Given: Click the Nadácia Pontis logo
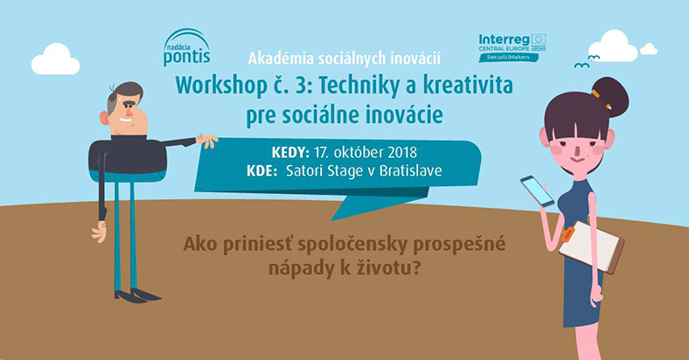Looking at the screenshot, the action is [187, 47].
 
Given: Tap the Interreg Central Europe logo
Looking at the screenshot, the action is [512, 47].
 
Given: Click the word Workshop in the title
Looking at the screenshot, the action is [221, 86].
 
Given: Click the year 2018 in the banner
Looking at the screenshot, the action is [402, 152].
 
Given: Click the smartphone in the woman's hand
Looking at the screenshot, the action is [537, 191].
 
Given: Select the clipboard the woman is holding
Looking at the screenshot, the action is [591, 246].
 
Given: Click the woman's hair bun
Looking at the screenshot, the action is [609, 97].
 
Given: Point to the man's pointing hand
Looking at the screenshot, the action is [206, 140].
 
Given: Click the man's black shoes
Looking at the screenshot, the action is [137, 295].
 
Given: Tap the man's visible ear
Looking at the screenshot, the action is [104, 118].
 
